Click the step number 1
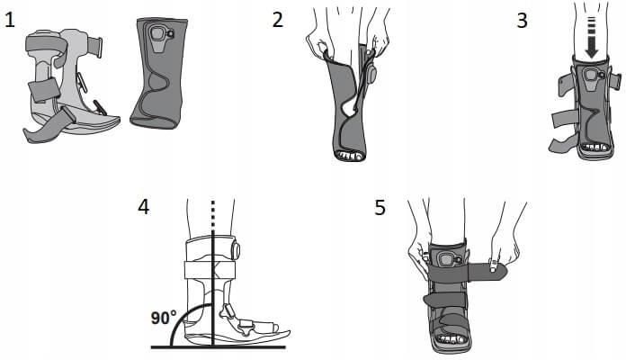[9, 20]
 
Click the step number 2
[278, 20]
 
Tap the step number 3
[523, 21]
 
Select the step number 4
[143, 207]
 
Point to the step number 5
[380, 207]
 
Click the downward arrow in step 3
[592, 38]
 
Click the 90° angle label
[164, 318]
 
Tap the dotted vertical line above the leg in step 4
[213, 214]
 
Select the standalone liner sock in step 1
[159, 73]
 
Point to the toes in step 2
[350, 155]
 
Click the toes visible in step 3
[595, 147]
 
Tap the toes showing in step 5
[452, 339]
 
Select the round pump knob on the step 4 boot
[235, 250]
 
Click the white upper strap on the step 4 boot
[210, 270]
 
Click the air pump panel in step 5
[446, 260]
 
